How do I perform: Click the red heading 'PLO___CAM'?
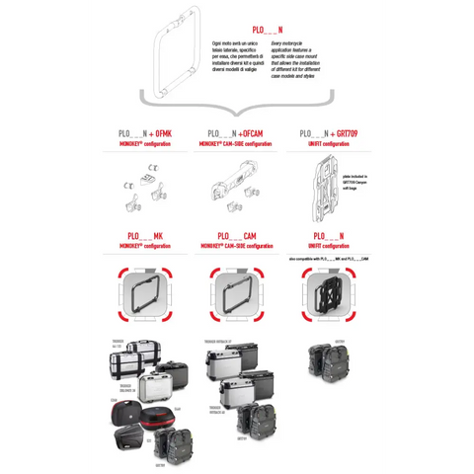(x=236, y=236)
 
